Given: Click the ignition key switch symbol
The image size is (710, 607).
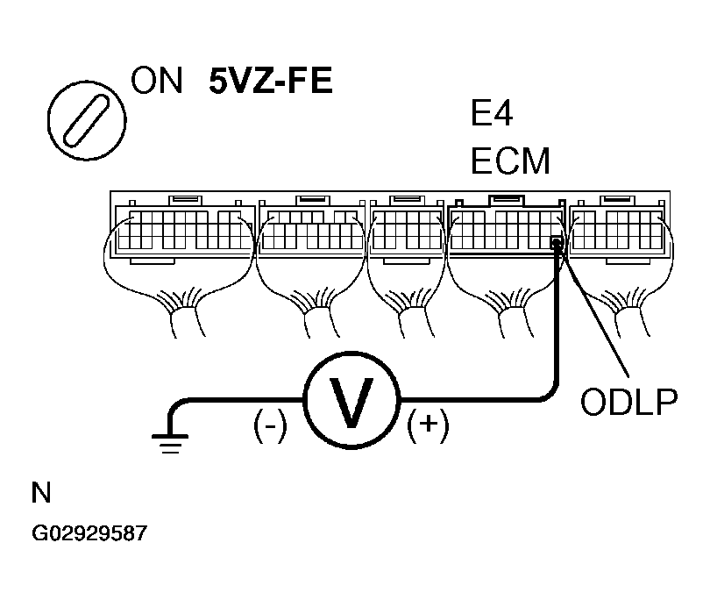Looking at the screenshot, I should [85, 120].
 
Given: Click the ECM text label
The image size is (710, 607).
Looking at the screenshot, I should [510, 162].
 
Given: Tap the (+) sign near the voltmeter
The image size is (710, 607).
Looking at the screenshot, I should [428, 427].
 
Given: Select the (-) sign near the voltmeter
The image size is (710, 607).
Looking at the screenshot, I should [269, 427].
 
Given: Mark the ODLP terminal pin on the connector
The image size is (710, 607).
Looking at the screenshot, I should [555, 243].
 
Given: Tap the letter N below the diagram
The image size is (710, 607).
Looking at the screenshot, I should [40, 493].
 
